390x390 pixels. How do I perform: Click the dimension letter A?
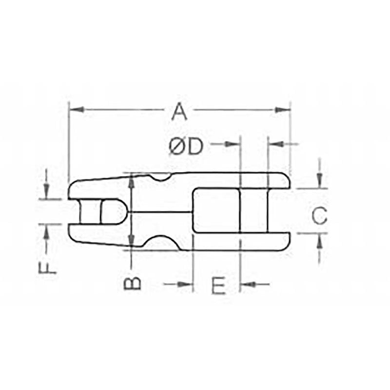pyautogui.click(x=179, y=112)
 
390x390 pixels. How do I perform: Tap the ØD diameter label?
pyautogui.click(x=186, y=147)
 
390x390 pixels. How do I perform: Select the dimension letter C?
pyautogui.click(x=319, y=215)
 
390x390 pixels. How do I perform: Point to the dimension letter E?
pyautogui.click(x=218, y=285)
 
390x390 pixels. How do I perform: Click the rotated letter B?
pyautogui.click(x=133, y=284)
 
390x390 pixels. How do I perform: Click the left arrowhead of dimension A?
pyautogui.click(x=76, y=109)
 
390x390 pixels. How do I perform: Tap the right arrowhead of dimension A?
pyautogui.click(x=283, y=110)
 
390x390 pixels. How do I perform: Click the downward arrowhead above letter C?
pyautogui.click(x=320, y=180)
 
